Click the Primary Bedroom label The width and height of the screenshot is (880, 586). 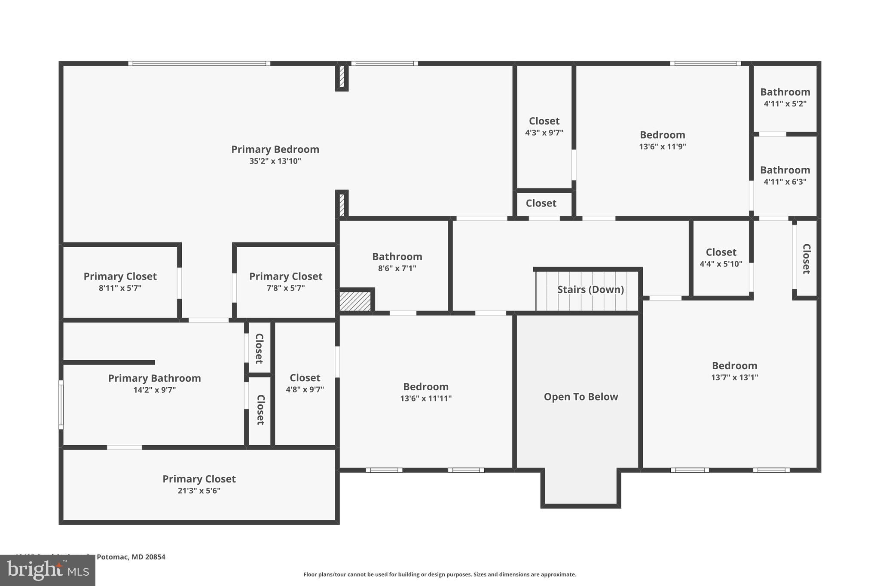[275, 149]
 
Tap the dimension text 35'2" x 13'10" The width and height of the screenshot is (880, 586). [275, 161]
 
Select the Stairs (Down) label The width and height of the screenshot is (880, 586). [590, 289]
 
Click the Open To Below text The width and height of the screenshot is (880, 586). [581, 397]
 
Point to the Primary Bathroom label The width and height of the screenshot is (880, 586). [154, 378]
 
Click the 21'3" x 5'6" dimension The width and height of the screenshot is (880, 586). [199, 491]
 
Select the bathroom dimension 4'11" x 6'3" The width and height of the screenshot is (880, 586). [785, 182]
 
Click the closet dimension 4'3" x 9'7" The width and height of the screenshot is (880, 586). [544, 133]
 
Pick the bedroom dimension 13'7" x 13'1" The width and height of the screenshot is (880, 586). [734, 377]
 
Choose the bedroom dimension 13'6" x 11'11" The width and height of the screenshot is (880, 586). [426, 398]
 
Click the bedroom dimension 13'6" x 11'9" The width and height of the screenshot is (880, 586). [662, 146]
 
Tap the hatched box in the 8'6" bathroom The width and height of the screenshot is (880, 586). [355, 301]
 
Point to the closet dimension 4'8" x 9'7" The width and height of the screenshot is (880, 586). [305, 389]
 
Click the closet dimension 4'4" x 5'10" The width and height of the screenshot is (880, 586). [721, 264]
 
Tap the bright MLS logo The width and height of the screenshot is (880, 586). [47, 571]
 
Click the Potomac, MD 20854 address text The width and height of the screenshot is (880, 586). [131, 557]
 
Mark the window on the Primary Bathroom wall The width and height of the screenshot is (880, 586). [61, 404]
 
